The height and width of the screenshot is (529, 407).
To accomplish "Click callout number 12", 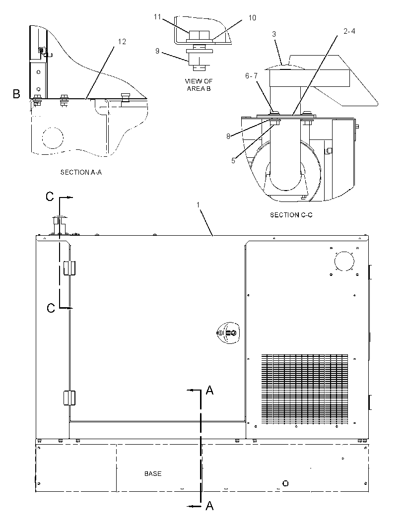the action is tap(122, 42).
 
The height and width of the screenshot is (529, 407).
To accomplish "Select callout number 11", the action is tap(157, 16).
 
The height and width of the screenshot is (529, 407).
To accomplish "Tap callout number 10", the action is tap(252, 17).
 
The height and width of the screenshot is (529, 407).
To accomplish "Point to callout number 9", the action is tap(157, 51).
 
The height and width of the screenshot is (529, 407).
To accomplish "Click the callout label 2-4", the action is tap(349, 31).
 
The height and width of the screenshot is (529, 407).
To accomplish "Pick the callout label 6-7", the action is tap(251, 76).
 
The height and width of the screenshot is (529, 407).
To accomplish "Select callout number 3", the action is tap(274, 34).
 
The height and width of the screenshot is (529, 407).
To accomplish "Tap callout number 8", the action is tap(228, 136).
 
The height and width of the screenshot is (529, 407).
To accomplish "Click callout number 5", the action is tap(233, 161).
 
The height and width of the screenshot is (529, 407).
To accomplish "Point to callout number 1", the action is tap(198, 205).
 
